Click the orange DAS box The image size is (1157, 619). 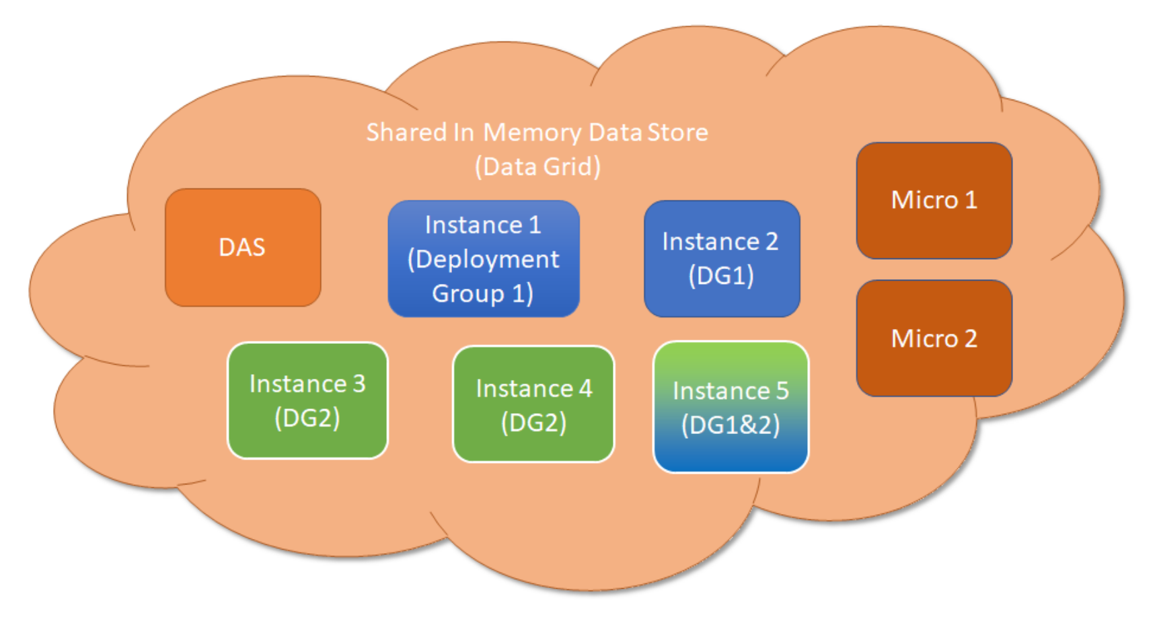(x=243, y=248)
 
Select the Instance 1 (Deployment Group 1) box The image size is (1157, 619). (x=484, y=259)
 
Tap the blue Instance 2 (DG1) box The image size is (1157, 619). (x=722, y=258)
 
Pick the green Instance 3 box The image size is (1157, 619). (x=307, y=401)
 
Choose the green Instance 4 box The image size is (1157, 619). (x=533, y=404)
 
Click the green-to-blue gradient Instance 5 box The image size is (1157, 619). (x=731, y=407)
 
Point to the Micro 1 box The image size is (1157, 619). (x=934, y=201)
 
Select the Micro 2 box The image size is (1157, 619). (x=934, y=338)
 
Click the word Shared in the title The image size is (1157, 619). (x=406, y=133)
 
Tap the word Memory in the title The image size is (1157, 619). (x=532, y=133)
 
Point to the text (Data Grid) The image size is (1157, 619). (x=537, y=167)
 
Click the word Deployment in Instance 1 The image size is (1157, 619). (x=484, y=260)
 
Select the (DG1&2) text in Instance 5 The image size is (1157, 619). (x=731, y=425)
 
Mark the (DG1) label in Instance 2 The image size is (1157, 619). (x=721, y=276)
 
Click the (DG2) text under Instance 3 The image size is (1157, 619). (x=307, y=418)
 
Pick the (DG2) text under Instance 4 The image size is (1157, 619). (x=533, y=423)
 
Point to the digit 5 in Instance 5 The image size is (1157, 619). (x=782, y=391)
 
